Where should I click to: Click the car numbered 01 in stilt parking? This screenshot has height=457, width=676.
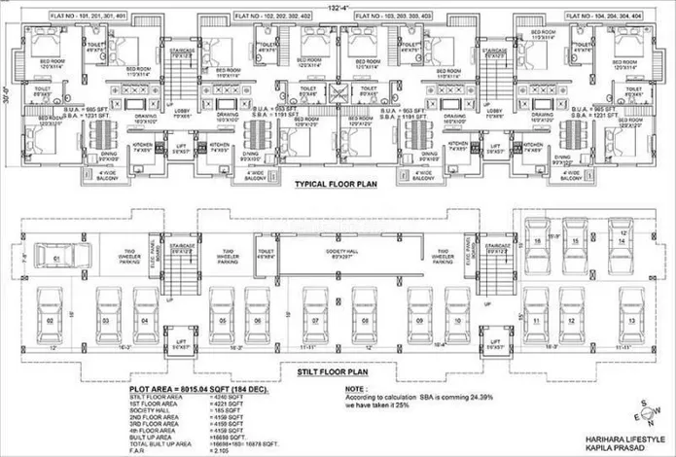[57, 258]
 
